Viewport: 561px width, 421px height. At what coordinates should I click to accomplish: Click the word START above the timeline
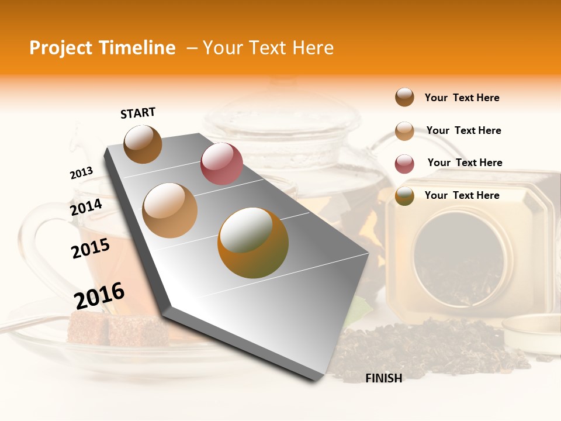tap(138, 112)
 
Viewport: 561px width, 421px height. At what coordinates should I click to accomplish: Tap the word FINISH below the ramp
tap(384, 378)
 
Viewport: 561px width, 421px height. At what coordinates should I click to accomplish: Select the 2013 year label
tap(81, 173)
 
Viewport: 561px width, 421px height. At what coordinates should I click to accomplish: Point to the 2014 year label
tap(86, 207)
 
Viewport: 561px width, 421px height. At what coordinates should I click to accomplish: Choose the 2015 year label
tap(91, 249)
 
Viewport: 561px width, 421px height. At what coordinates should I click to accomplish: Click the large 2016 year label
tap(99, 295)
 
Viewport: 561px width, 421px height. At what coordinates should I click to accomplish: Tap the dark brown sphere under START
tap(143, 144)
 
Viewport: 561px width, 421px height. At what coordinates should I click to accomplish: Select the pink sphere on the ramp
tap(221, 164)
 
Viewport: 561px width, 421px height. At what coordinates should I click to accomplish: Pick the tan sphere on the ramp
tap(170, 210)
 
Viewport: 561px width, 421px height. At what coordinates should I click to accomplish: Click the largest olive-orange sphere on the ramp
tap(253, 243)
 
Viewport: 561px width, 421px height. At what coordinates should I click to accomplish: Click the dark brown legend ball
tap(404, 97)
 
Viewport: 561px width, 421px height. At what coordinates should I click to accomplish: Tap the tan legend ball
tap(404, 131)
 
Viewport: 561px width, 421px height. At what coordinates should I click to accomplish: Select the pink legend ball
tap(404, 164)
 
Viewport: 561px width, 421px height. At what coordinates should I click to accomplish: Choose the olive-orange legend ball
tap(404, 196)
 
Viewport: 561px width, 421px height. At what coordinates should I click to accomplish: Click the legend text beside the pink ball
tap(465, 163)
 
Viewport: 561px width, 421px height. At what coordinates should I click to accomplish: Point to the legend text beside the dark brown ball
tap(462, 98)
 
